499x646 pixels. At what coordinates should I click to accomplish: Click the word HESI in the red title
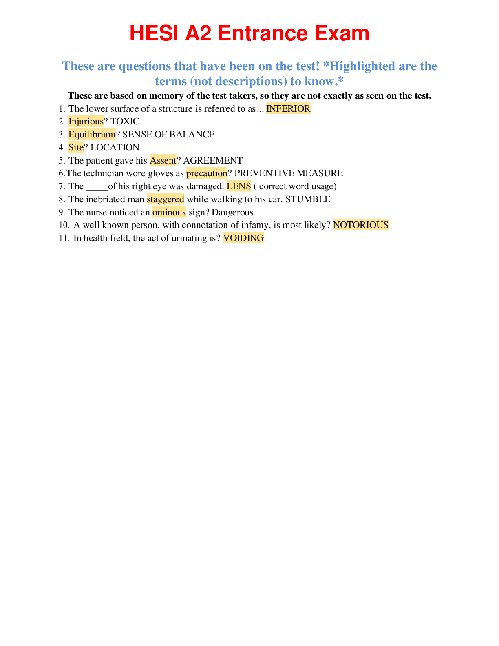pyautogui.click(x=154, y=33)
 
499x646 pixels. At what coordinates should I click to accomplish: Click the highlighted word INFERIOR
pyautogui.click(x=288, y=108)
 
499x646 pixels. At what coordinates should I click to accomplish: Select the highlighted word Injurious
pyautogui.click(x=86, y=122)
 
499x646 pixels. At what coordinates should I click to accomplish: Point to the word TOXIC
pyautogui.click(x=125, y=122)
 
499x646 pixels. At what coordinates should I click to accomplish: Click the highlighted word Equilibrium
pyautogui.click(x=92, y=135)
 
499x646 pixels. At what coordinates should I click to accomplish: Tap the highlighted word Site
pyautogui.click(x=76, y=147)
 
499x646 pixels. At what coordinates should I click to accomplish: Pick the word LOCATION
pyautogui.click(x=115, y=147)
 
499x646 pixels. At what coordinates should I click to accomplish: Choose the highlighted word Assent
pyautogui.click(x=163, y=160)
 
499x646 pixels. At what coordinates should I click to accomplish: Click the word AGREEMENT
pyautogui.click(x=213, y=160)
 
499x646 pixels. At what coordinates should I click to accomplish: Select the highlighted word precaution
pyautogui.click(x=207, y=173)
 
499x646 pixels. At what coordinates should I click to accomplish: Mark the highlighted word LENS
pyautogui.click(x=239, y=186)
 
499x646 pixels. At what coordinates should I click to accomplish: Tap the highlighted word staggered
pyautogui.click(x=166, y=199)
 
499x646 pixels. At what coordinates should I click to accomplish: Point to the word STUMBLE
pyautogui.click(x=308, y=199)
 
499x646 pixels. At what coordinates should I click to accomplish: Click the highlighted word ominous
pyautogui.click(x=169, y=212)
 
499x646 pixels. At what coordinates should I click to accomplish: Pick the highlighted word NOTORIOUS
pyautogui.click(x=361, y=225)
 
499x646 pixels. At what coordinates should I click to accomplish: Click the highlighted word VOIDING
pyautogui.click(x=243, y=238)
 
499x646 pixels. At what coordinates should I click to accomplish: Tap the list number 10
pyautogui.click(x=64, y=225)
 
